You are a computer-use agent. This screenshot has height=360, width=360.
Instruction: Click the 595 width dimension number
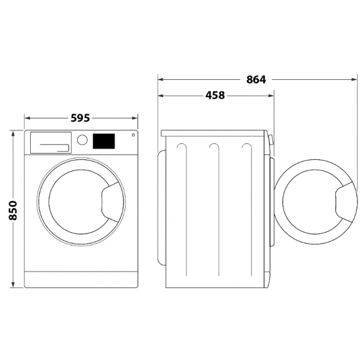80,118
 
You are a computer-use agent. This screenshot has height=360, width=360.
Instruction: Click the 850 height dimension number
13,211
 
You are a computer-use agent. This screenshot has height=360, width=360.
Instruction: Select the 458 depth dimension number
215,95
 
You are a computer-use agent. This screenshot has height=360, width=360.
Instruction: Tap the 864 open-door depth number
256,80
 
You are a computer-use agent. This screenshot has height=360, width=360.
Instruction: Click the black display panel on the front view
104,141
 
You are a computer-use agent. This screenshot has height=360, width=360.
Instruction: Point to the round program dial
82,139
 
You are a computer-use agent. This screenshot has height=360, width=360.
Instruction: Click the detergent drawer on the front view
51,142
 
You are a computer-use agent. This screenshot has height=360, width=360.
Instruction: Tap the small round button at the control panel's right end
133,135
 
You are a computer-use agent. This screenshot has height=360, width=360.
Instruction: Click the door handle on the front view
110,202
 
